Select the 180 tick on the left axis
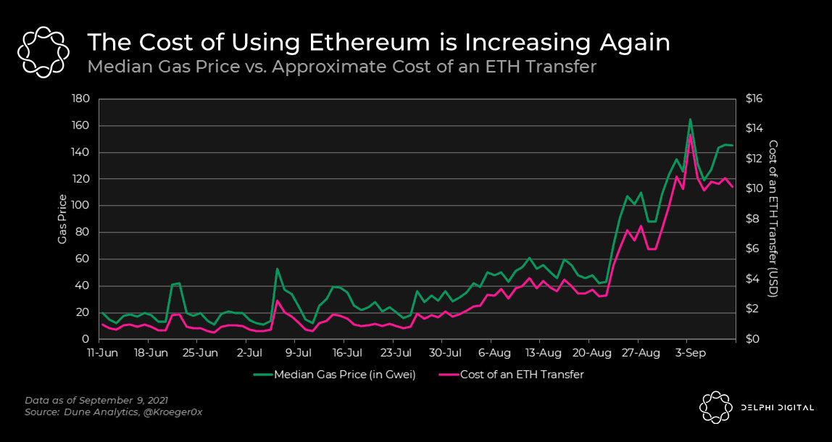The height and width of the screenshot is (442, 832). click(x=83, y=99)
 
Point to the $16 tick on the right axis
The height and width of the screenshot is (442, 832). click(x=754, y=99)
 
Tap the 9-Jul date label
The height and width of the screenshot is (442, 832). click(x=299, y=352)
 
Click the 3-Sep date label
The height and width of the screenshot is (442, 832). click(x=686, y=352)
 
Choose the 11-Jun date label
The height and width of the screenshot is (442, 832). click(x=102, y=352)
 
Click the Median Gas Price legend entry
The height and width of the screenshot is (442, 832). click(x=334, y=375)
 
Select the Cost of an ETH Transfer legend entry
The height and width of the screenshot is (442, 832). click(x=512, y=375)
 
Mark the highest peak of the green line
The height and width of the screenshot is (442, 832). click(x=691, y=120)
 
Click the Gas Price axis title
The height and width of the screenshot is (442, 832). click(x=62, y=219)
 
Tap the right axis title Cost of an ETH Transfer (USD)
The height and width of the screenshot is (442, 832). click(x=773, y=219)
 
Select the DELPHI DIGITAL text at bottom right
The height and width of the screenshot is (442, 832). click(x=777, y=407)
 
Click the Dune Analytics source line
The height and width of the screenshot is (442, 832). click(x=114, y=412)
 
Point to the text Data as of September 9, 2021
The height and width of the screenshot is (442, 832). click(x=96, y=399)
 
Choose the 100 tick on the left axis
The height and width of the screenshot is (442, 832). click(x=83, y=206)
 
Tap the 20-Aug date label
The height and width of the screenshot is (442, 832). click(x=588, y=352)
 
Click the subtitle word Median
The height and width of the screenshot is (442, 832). click(x=111, y=67)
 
